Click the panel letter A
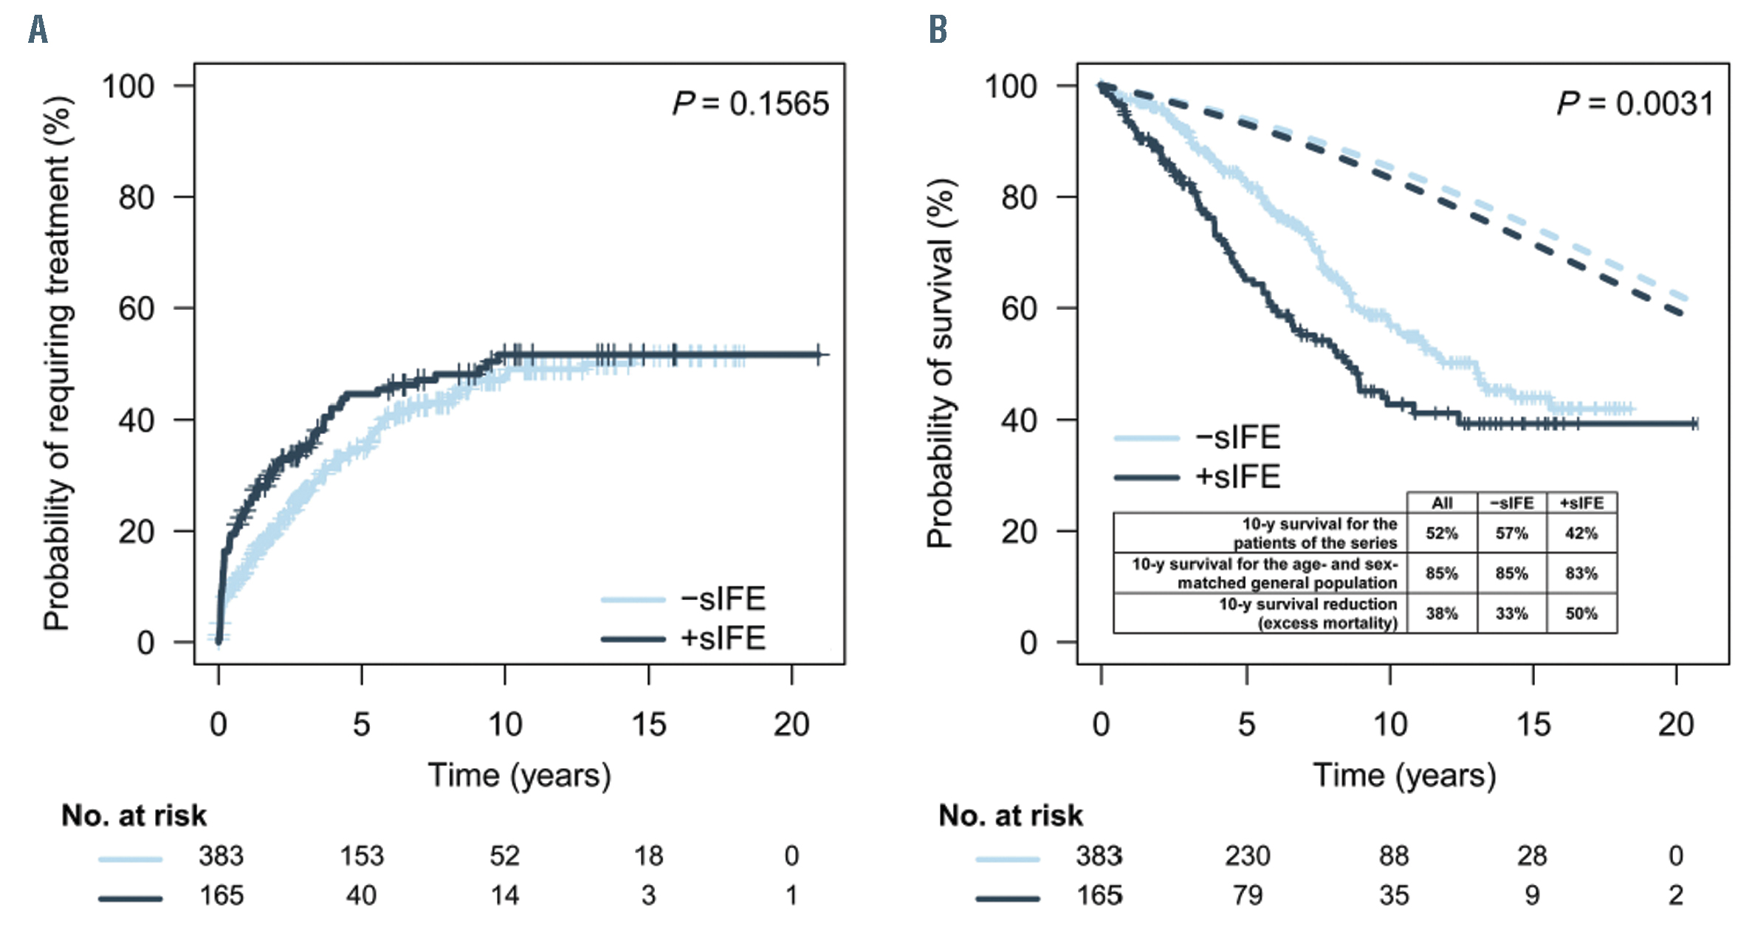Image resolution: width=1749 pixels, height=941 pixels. (38, 30)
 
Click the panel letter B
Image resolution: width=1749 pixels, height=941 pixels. (937, 30)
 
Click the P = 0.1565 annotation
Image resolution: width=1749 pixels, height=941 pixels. (750, 104)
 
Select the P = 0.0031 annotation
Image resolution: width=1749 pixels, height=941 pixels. (1635, 104)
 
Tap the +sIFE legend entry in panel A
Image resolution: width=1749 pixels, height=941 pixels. (722, 638)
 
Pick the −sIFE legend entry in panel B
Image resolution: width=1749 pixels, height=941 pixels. (1237, 438)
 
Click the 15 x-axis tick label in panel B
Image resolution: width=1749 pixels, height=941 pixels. (1533, 725)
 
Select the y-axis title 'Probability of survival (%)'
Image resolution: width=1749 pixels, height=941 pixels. (941, 363)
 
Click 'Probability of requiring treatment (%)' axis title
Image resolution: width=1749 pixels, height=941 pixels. (58, 363)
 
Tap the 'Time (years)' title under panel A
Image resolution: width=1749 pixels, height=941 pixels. (519, 776)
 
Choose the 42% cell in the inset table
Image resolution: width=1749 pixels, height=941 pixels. (1581, 534)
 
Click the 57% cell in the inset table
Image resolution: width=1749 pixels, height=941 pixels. (1511, 534)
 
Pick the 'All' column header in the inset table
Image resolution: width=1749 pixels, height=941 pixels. (1442, 503)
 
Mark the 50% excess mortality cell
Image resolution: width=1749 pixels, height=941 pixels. (1581, 613)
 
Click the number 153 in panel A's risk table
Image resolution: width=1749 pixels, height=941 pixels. (361, 856)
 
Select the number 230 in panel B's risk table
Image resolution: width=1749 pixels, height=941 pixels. (1247, 856)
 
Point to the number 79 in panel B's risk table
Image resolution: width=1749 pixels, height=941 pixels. (1247, 896)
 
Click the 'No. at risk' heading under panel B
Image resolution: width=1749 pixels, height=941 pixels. (1010, 816)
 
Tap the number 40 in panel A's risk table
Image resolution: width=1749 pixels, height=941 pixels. (361, 896)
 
